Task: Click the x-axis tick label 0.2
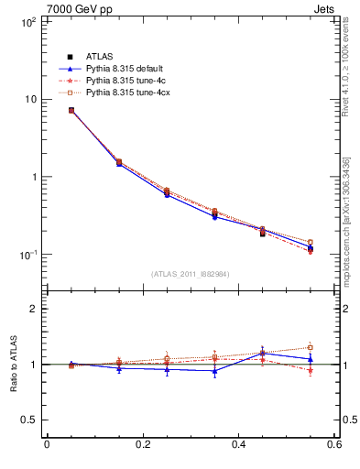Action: (x=142, y=446)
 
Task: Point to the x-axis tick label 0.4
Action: (x=238, y=446)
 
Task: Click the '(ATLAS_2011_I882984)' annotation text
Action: (x=190, y=274)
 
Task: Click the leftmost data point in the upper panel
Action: (x=71, y=110)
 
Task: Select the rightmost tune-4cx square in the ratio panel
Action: (x=311, y=347)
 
